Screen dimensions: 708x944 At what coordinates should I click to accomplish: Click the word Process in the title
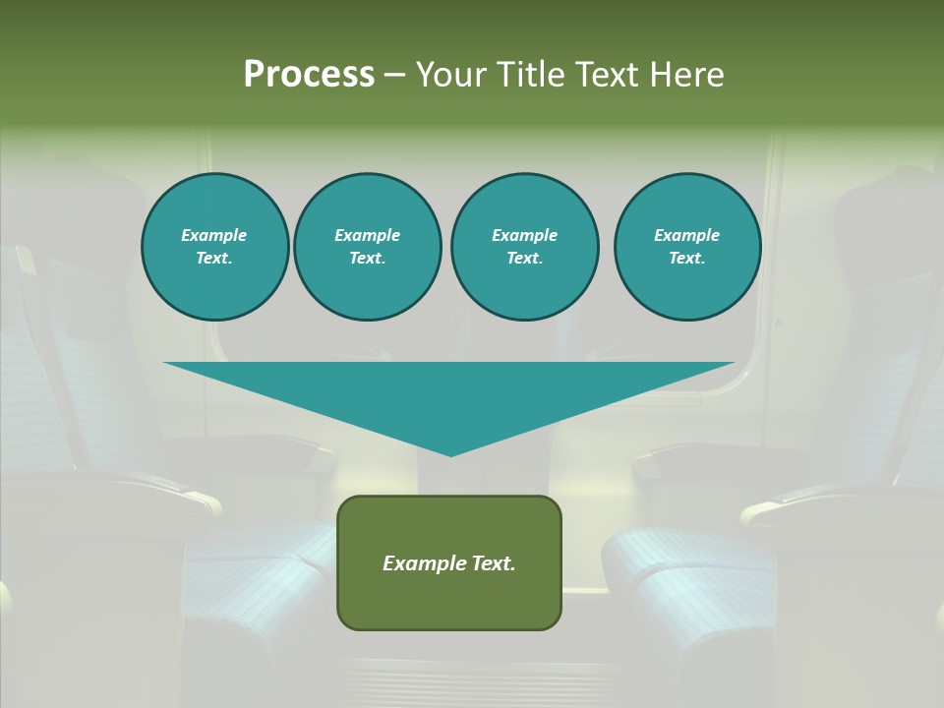coord(309,75)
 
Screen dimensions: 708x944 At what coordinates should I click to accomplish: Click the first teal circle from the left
coord(214,247)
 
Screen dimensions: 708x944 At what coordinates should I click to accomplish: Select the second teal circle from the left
coord(368,247)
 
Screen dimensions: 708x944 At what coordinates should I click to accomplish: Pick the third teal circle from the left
coord(524,247)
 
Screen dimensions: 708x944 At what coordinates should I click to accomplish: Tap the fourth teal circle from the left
coord(687,247)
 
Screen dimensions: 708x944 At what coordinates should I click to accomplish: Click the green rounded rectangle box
coord(449,562)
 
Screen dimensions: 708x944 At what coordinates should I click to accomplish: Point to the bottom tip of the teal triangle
coord(450,454)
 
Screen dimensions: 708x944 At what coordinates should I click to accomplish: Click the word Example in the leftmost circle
coord(214,235)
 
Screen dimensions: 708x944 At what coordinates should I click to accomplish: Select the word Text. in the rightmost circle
coord(687,259)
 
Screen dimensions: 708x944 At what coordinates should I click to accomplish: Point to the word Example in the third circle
coord(524,235)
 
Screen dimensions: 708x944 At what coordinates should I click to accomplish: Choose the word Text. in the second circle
coord(368,259)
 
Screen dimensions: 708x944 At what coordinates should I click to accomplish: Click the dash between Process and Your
coord(395,75)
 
